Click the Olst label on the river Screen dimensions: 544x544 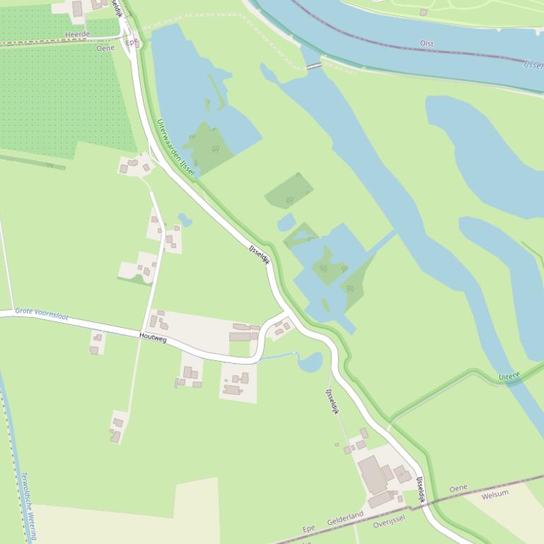427,44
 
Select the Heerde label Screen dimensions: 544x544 77,34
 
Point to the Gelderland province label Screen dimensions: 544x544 345,519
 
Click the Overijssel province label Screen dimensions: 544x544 388,521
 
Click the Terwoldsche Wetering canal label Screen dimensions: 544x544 28,506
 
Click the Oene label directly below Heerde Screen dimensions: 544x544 105,48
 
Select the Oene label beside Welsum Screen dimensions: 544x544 458,488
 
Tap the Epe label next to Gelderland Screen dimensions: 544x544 308,528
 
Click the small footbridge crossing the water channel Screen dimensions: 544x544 313,66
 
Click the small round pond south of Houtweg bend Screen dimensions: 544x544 310,362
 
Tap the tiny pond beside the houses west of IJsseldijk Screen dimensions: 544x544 185,220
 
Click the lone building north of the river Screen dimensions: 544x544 423,12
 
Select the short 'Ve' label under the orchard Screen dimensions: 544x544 50,165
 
